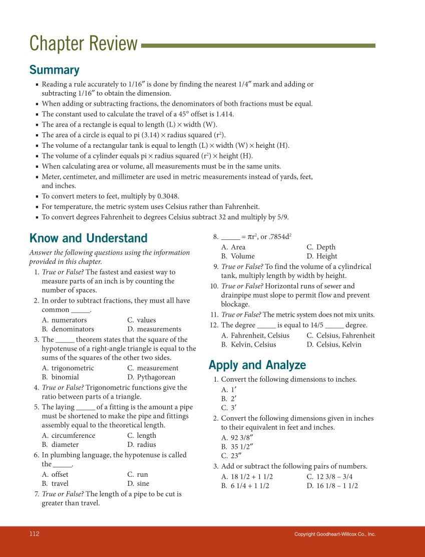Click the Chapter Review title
point(83,44)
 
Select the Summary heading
point(54,70)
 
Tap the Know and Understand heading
point(88,238)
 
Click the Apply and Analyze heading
point(257,365)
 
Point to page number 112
point(34,534)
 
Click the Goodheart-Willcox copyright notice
point(334,534)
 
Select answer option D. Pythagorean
point(151,377)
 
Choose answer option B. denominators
point(68,329)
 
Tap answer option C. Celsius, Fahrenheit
point(340,335)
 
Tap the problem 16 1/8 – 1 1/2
point(332,485)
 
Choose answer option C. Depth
point(321,247)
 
